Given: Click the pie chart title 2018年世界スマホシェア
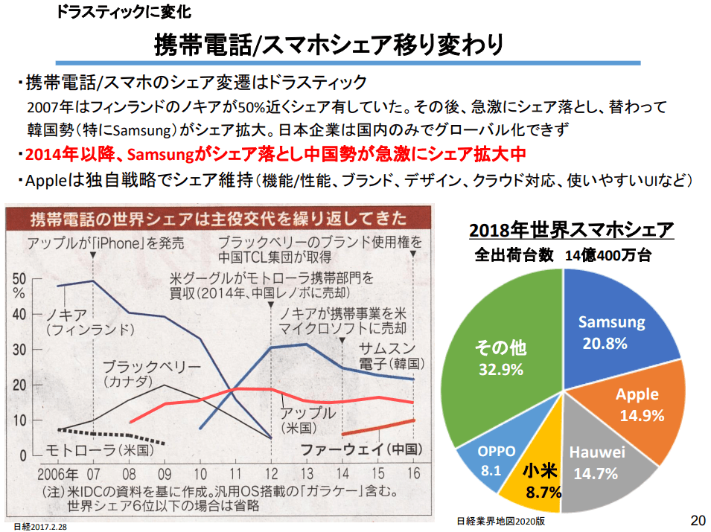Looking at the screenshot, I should [571, 228].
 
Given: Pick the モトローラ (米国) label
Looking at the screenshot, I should [99, 450].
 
